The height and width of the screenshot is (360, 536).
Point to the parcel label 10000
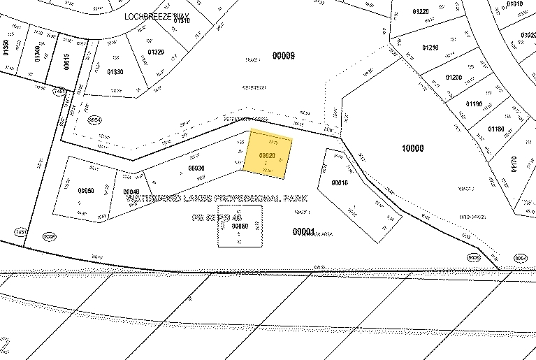pos(413,147)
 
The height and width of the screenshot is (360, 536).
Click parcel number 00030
pos(196,168)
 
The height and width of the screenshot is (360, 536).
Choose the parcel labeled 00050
pos(86,190)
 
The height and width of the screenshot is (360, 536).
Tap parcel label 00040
pos(131,192)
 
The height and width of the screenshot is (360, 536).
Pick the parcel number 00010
pos(340,182)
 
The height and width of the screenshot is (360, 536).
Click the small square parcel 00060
pos(240,226)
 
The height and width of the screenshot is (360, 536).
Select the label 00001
pos(303,231)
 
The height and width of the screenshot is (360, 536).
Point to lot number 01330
pos(115,72)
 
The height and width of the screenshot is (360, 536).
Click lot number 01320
pos(156,52)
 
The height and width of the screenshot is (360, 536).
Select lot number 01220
pos(420,11)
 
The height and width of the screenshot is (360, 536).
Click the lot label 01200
pos(454,77)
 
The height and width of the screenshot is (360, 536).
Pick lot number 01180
pos(495,129)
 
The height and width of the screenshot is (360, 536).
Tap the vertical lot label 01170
pos(514,163)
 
